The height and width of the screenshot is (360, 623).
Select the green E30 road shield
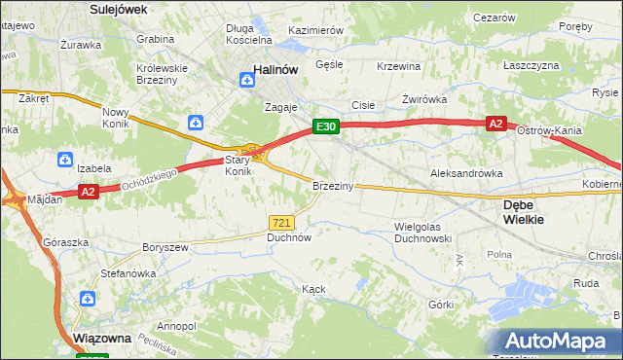(325, 126)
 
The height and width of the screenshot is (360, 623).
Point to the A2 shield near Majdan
(89, 193)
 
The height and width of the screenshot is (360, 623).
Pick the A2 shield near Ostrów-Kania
(495, 124)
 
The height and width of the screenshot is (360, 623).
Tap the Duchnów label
(289, 236)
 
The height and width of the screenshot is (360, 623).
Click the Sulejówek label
(118, 8)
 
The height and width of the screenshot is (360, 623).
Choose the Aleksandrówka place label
(466, 172)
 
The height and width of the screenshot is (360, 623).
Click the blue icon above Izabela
(64, 159)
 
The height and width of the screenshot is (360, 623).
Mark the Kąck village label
(312, 290)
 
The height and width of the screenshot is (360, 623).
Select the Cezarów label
(494, 18)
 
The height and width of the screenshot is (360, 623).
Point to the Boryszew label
(165, 247)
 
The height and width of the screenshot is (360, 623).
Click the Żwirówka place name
(423, 99)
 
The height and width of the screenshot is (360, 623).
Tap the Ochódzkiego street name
(145, 179)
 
